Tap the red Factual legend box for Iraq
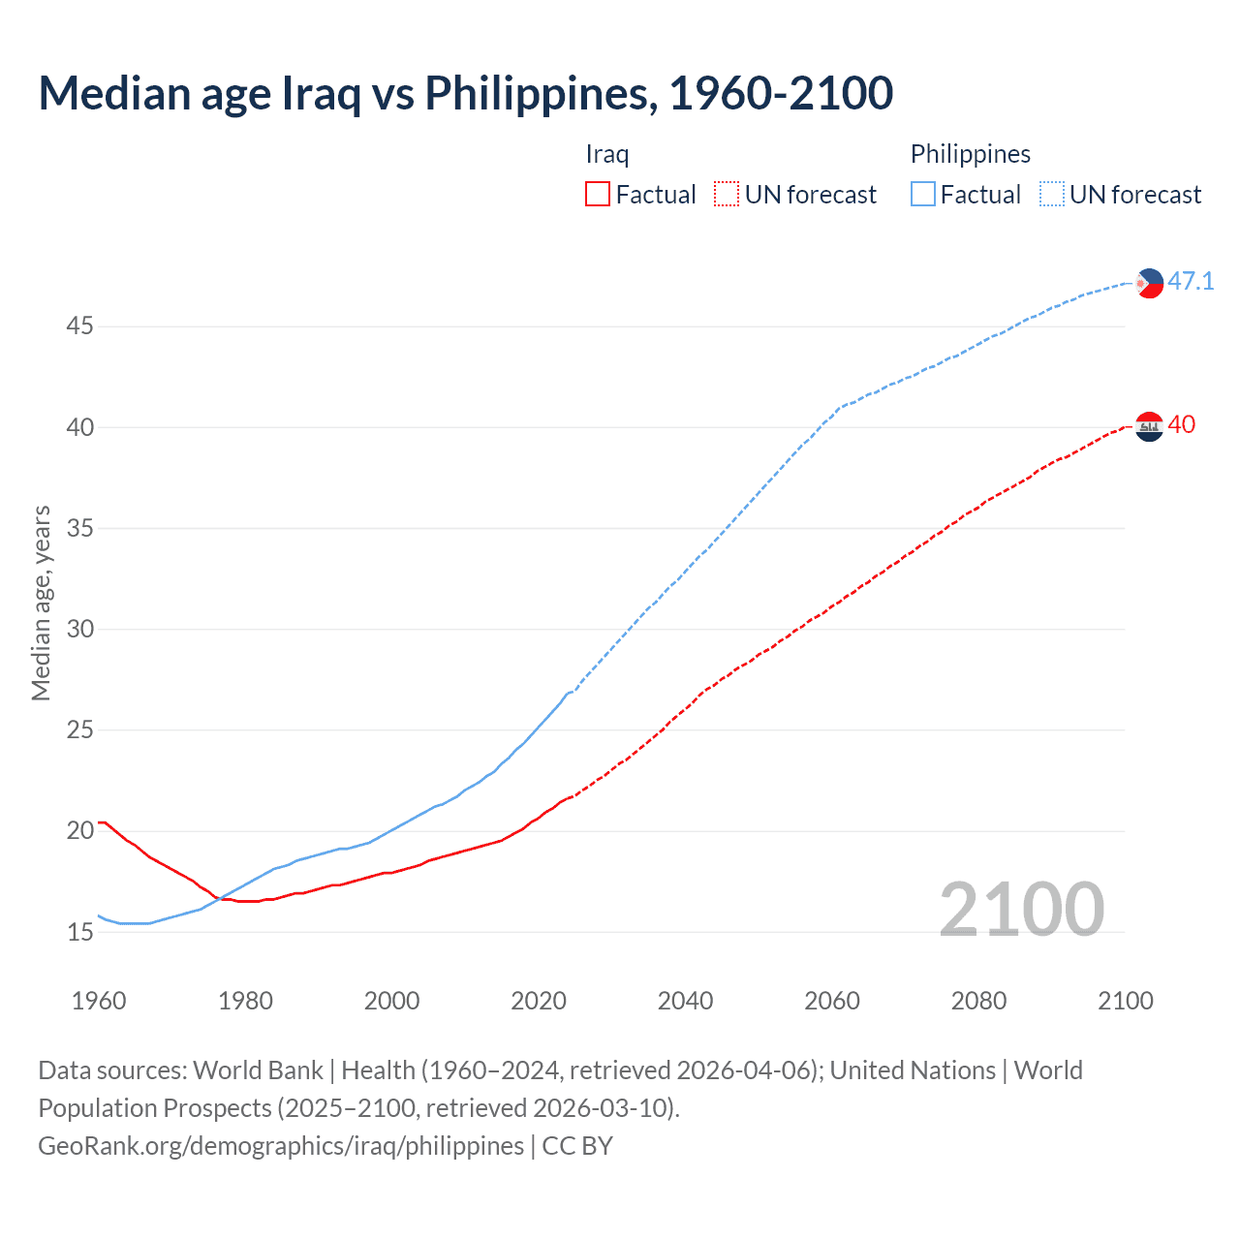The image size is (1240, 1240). (x=598, y=195)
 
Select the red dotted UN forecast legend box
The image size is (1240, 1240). (x=727, y=195)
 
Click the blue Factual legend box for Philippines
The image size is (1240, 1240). (x=922, y=195)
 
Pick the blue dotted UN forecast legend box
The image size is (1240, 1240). (x=1051, y=195)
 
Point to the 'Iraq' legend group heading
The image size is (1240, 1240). (x=607, y=154)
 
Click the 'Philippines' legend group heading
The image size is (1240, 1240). (x=970, y=154)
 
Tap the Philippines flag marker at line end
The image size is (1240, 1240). (x=1149, y=283)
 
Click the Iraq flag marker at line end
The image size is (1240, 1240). (x=1149, y=426)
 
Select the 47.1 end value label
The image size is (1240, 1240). (x=1191, y=282)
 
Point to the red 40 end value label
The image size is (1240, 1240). (x=1181, y=425)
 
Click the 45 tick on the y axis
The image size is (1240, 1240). (x=79, y=326)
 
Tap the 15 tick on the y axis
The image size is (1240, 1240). (x=79, y=932)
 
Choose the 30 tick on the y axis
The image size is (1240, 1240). (x=79, y=630)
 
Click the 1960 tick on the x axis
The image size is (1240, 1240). (x=99, y=1001)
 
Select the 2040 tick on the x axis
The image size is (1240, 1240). (x=685, y=1001)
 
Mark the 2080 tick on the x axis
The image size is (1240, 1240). (x=978, y=1001)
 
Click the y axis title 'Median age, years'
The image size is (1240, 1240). (x=41, y=603)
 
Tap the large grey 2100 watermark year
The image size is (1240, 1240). (x=1021, y=909)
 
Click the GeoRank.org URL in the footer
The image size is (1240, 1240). (x=281, y=1146)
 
